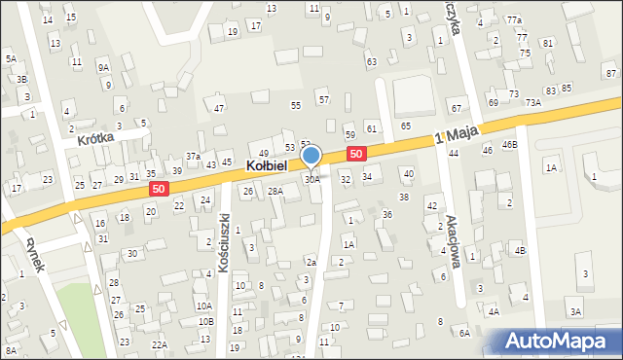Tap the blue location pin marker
(x=311, y=156)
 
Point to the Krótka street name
(x=96, y=138)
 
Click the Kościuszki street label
(x=224, y=241)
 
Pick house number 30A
(x=311, y=179)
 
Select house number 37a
(x=194, y=156)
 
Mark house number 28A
(x=275, y=191)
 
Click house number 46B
(x=509, y=144)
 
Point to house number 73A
(x=533, y=102)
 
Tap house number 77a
(x=513, y=20)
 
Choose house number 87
(x=610, y=74)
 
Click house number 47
(x=219, y=108)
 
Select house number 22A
(x=160, y=344)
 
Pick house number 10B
(x=204, y=321)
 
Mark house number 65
(x=405, y=126)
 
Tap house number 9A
(x=103, y=67)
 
